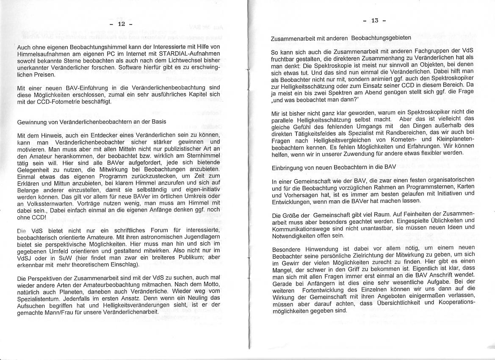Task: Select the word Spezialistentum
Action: pyautogui.click(x=40, y=299)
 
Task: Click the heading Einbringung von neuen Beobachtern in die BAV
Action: pyautogui.click(x=334, y=167)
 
